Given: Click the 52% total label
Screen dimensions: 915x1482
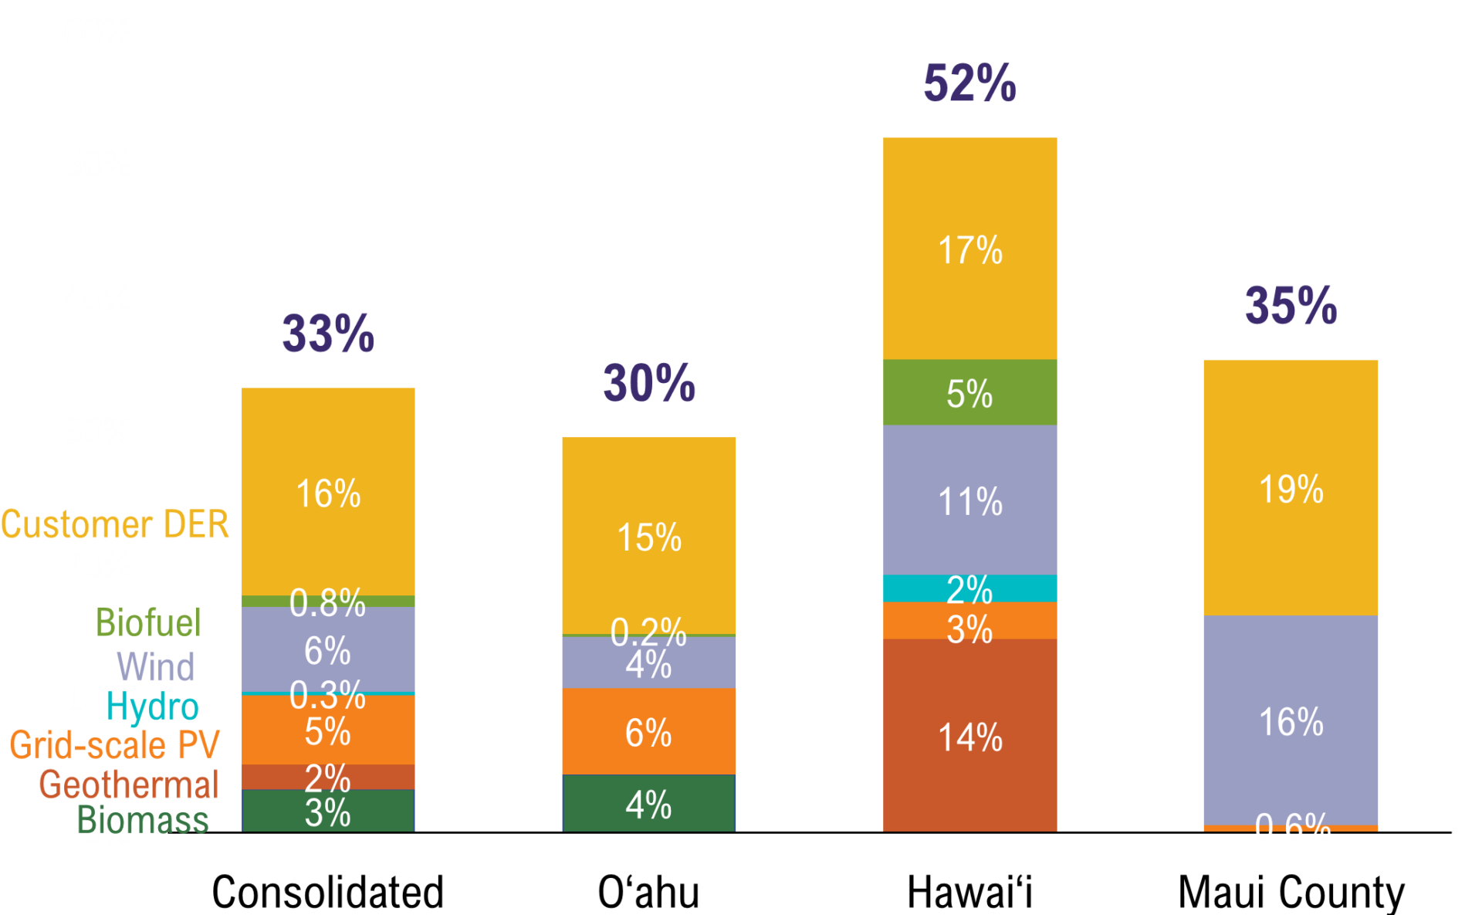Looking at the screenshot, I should click(x=969, y=83).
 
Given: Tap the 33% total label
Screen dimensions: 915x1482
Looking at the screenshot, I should click(x=328, y=334).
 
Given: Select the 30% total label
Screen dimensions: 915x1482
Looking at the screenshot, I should click(x=649, y=383).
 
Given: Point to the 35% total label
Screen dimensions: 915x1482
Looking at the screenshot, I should click(x=1291, y=306).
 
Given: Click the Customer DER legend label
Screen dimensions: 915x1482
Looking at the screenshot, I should click(x=115, y=525).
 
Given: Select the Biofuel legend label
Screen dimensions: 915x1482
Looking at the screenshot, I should click(x=148, y=622).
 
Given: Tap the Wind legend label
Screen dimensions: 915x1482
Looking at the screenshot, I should click(x=155, y=667).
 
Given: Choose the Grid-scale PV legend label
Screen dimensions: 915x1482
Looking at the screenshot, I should click(x=115, y=745).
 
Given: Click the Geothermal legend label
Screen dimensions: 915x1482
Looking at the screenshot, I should click(x=129, y=785).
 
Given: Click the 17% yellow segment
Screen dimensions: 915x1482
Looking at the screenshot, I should click(x=969, y=249).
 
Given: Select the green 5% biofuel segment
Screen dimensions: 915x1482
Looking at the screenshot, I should click(x=969, y=392).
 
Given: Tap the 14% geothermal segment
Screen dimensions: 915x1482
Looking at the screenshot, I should click(x=969, y=735).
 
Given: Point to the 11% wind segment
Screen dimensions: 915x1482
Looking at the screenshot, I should click(x=969, y=500).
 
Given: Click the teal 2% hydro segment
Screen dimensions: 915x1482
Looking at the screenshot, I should click(x=969, y=588).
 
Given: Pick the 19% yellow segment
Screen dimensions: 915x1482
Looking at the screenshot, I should click(x=1291, y=488).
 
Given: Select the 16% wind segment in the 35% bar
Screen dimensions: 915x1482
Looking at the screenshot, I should click(x=1291, y=720).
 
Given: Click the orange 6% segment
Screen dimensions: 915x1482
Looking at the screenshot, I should click(x=648, y=731).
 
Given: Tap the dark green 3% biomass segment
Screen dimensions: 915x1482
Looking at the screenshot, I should click(x=328, y=811).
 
